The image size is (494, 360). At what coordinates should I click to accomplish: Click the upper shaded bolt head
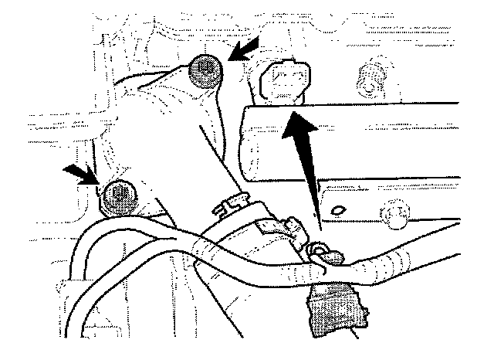point(205,72)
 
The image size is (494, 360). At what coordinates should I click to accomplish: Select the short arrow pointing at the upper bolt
point(243,54)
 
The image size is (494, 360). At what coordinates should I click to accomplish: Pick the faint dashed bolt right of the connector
point(371,78)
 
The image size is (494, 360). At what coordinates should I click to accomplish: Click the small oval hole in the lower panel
point(338,209)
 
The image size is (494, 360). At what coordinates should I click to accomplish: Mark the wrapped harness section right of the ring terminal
point(386,261)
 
